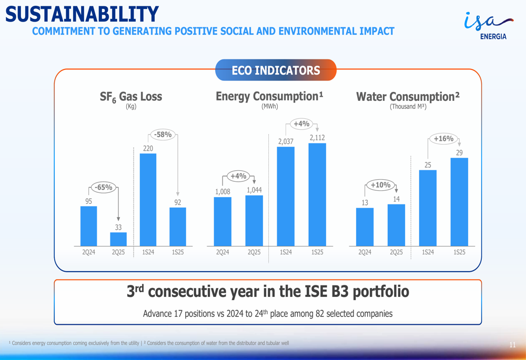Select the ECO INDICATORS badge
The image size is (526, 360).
[276, 70]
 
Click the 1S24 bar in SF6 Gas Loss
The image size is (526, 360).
[148, 199]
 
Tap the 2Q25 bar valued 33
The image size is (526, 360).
[118, 239]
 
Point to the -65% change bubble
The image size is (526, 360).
[103, 187]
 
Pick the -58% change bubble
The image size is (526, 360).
[163, 135]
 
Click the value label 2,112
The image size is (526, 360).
[317, 138]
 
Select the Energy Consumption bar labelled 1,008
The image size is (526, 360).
[222, 221]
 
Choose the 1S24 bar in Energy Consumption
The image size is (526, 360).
[286, 196]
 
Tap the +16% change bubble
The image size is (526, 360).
[443, 139]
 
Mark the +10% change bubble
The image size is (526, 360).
[380, 185]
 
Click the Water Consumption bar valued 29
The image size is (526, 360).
[459, 202]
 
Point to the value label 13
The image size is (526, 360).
[365, 202]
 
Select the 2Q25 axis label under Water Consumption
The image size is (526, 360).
[396, 252]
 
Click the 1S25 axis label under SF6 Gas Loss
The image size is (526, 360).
[178, 252]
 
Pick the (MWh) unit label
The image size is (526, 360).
[269, 106]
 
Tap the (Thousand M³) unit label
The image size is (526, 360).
[408, 107]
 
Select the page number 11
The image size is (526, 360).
[512, 345]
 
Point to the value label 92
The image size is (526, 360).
[178, 202]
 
